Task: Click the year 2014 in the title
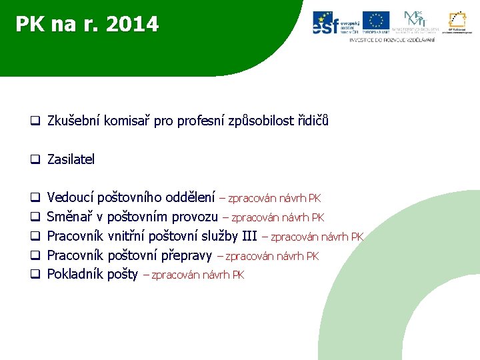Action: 131,25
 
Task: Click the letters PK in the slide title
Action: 29,25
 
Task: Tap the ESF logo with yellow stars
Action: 336,23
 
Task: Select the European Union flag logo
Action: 376,22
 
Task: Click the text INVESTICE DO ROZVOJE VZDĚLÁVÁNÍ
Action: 392,40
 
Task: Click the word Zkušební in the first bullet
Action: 73,121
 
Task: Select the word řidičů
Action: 313,121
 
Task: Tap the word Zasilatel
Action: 71,159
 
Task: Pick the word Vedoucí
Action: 71,197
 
